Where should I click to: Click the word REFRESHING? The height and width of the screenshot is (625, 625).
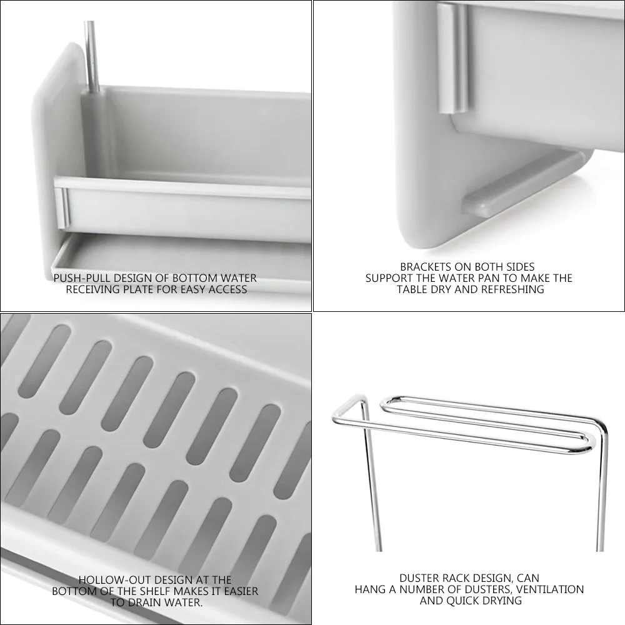coord(513,289)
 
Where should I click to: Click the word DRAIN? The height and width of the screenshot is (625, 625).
coord(145,602)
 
